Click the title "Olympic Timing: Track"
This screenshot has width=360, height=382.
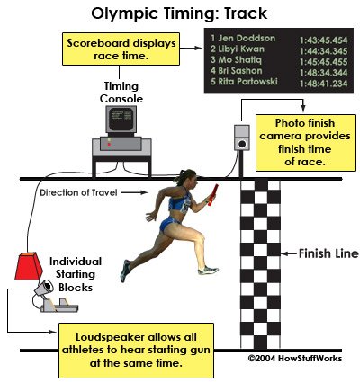pyautogui.click(x=179, y=13)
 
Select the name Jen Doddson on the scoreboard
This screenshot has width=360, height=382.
pyautogui.click(x=247, y=39)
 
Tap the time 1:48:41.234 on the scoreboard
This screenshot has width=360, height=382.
pyautogui.click(x=324, y=84)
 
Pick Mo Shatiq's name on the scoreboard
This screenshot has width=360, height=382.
pyautogui.click(x=239, y=59)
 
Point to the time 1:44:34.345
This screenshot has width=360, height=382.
pyautogui.click(x=324, y=51)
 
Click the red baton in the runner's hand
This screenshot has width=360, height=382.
pyautogui.click(x=212, y=195)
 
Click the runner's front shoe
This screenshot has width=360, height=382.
pyautogui.click(x=208, y=271)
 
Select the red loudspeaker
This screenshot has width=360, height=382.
pyautogui.click(x=29, y=266)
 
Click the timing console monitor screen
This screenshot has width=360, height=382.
pyautogui.click(x=121, y=119)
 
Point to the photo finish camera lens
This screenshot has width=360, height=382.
pyautogui.click(x=242, y=144)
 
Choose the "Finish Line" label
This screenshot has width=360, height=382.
pyautogui.click(x=328, y=253)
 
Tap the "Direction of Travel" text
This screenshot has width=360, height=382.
pyautogui.click(x=78, y=192)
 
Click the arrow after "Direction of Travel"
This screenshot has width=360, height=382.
pyautogui.click(x=134, y=192)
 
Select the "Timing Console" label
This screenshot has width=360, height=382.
pyautogui.click(x=121, y=93)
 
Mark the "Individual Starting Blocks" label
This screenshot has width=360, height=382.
pyautogui.click(x=76, y=274)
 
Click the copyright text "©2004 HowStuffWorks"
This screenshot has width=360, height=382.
pyautogui.click(x=295, y=358)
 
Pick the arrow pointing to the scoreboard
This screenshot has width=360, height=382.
pyautogui.click(x=192, y=48)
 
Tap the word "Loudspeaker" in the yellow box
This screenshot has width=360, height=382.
pyautogui.click(x=110, y=337)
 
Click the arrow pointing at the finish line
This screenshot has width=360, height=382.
pyautogui.click(x=289, y=253)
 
